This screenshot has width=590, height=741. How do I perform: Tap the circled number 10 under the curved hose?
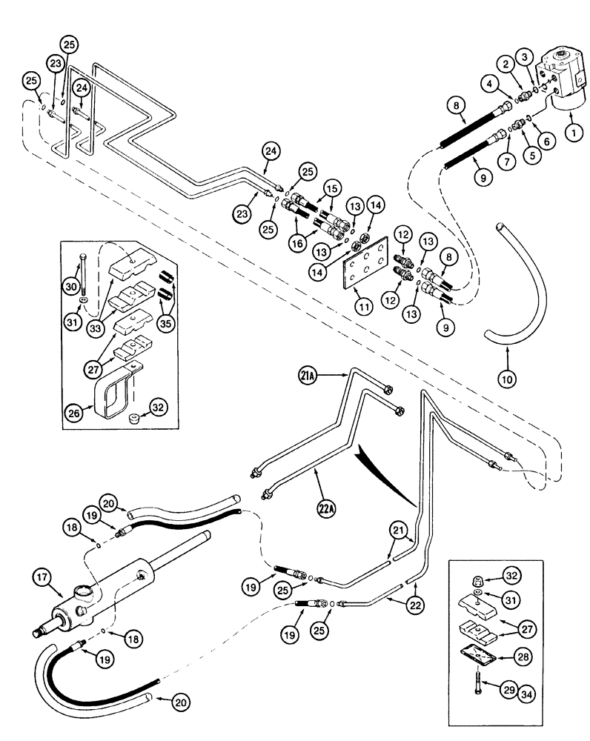point(506,379)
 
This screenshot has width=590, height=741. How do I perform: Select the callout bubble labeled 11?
point(364,305)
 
